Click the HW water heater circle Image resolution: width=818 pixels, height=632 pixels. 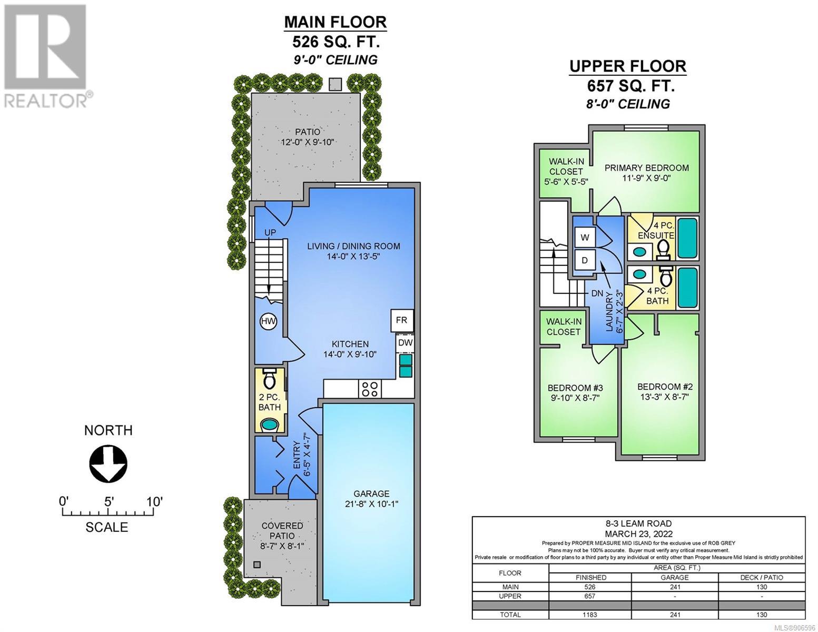tap(268, 321)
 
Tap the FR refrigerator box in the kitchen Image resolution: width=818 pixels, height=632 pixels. tap(402, 320)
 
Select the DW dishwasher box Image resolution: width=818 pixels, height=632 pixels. tap(405, 343)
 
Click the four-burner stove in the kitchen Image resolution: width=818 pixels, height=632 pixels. tap(369, 389)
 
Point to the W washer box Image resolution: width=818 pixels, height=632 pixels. tap(585, 237)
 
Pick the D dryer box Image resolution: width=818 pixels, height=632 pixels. tap(585, 260)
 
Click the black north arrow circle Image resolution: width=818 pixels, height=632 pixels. tap(108, 463)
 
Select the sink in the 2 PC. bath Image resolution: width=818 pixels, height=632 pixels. tap(270, 424)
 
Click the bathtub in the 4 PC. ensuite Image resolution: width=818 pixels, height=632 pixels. tap(687, 238)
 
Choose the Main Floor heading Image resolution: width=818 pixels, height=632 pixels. tap(336, 22)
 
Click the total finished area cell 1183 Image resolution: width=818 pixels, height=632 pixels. tap(590, 614)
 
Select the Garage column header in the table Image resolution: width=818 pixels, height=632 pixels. tap(674, 577)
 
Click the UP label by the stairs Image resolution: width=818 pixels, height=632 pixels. tap(270, 233)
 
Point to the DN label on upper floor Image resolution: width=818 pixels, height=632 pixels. tap(597, 293)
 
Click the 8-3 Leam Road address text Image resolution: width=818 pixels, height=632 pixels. tap(638, 523)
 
